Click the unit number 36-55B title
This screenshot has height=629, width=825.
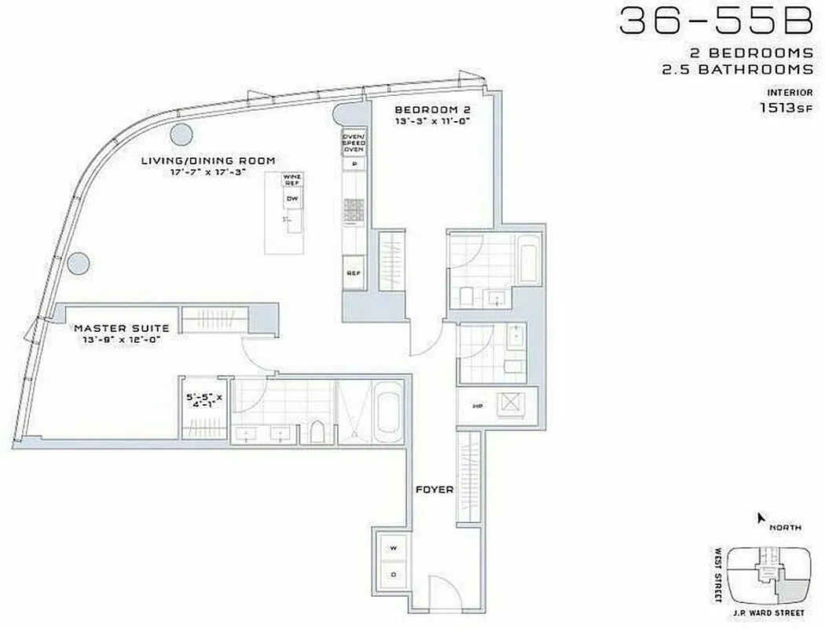click(x=715, y=21)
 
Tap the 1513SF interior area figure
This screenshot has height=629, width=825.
click(x=785, y=110)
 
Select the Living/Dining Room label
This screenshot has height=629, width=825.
click(x=207, y=160)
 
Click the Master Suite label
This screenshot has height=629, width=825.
click(x=121, y=328)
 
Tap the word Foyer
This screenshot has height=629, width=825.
click(x=434, y=490)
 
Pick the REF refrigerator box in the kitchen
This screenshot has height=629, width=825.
click(x=353, y=273)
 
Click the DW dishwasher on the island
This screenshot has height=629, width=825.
click(x=292, y=199)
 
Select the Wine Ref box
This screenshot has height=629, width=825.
click(x=292, y=180)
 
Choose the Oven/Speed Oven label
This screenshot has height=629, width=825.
click(x=353, y=143)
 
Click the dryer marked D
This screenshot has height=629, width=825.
click(x=392, y=574)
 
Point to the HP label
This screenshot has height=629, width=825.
click(x=476, y=406)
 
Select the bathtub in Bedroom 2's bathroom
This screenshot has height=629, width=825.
click(x=529, y=264)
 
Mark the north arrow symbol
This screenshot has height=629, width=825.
click(x=760, y=517)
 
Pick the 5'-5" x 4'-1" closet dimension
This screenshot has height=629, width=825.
click(x=203, y=403)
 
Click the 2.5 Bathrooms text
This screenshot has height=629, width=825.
click(x=750, y=68)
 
